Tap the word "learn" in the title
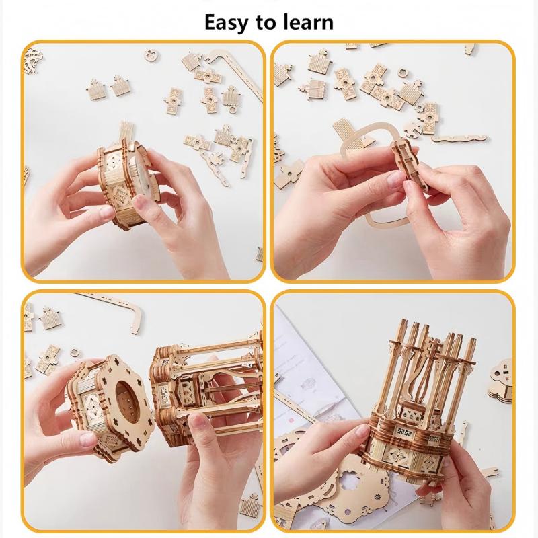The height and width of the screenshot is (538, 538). (307, 22)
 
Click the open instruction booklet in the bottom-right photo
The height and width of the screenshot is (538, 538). (316, 377)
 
